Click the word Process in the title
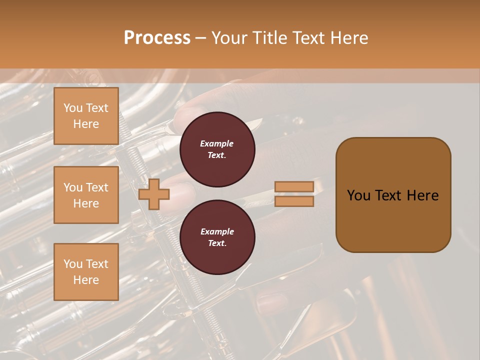[157, 38]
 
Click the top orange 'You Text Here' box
[86, 116]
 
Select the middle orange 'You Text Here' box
[86, 195]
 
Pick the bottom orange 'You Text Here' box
[86, 271]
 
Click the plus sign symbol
[154, 194]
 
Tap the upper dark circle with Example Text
[217, 149]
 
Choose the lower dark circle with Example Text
[217, 237]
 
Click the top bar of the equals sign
[294, 186]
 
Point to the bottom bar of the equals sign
[294, 201]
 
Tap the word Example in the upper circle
[217, 144]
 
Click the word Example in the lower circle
[217, 231]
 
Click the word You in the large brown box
[358, 195]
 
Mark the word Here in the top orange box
[86, 124]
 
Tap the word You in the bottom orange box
[73, 264]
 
